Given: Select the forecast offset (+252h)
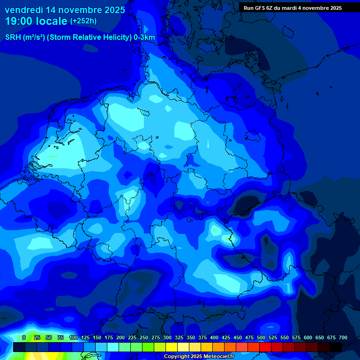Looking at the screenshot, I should tap(83, 21).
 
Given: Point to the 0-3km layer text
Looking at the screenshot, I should tap(144, 37).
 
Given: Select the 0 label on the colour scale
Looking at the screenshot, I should tap(24, 337).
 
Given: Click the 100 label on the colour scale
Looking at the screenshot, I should tap(74, 337).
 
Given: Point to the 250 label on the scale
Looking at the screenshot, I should tap(144, 337).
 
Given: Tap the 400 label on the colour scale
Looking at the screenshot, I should tap(214, 337).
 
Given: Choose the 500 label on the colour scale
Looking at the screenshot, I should tap(261, 337).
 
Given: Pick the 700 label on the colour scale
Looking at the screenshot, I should tap(343, 337).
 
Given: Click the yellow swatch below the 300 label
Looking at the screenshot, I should tap(172, 347).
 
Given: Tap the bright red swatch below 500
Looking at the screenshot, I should tap(265, 347).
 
